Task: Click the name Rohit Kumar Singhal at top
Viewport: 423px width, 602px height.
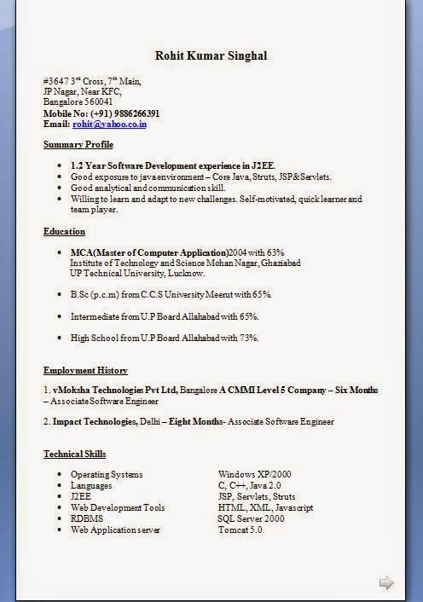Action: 211,55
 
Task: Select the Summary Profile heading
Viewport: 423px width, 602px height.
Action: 78,145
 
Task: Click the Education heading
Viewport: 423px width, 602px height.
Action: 65,231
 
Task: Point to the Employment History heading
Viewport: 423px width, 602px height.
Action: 85,370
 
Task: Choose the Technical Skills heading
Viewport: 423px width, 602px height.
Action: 75,454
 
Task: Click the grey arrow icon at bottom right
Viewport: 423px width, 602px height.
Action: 386,583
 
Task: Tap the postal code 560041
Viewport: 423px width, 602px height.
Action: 96,101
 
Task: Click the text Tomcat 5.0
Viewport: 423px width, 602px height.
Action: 240,530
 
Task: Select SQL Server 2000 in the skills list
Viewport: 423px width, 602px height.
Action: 251,518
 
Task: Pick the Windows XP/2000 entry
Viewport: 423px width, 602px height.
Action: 254,474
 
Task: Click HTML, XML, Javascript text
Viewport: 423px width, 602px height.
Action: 265,507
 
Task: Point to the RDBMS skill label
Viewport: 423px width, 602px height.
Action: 86,518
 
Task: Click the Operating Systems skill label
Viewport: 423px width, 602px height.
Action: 107,474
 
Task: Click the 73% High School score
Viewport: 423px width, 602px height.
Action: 248,338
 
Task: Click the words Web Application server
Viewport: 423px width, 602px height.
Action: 115,530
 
